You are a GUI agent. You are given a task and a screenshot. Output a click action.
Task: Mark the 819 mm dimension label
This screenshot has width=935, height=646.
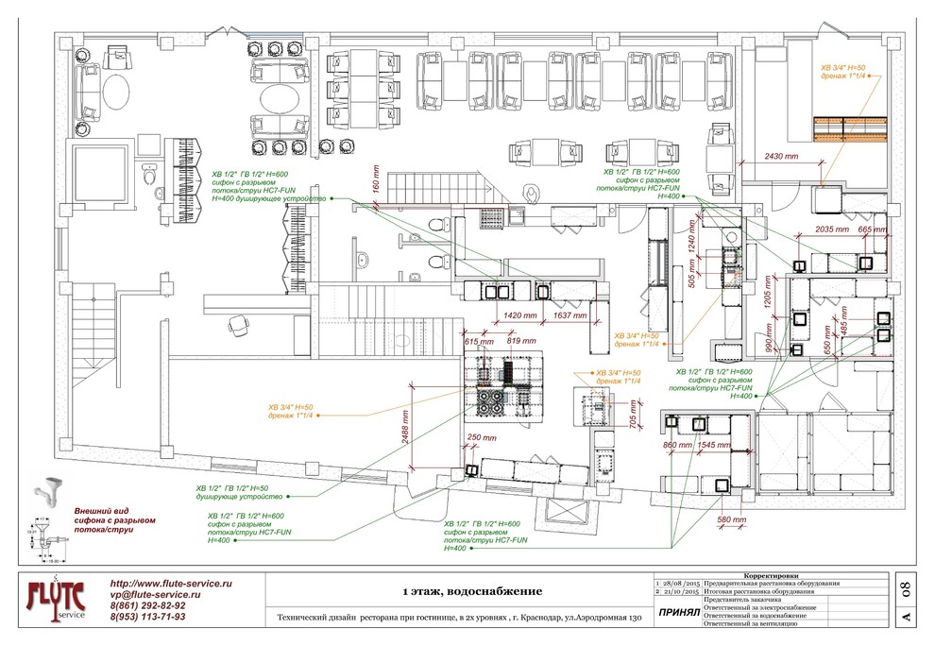pyautogui.click(x=521, y=340)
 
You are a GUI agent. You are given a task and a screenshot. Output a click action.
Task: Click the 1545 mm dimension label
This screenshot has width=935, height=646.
pyautogui.click(x=715, y=444)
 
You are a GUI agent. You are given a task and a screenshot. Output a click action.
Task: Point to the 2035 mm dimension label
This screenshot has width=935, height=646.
pyautogui.click(x=832, y=229)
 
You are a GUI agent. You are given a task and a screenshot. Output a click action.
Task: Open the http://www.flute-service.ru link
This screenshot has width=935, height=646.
pyautogui.click(x=171, y=584)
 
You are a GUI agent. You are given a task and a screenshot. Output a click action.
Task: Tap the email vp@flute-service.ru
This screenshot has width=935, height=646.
pyautogui.click(x=155, y=595)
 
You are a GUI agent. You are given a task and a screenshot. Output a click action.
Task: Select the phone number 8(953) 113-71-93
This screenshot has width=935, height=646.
pyautogui.click(x=147, y=617)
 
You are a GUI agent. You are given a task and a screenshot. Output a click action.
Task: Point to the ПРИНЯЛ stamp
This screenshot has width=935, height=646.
pyautogui.click(x=677, y=612)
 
